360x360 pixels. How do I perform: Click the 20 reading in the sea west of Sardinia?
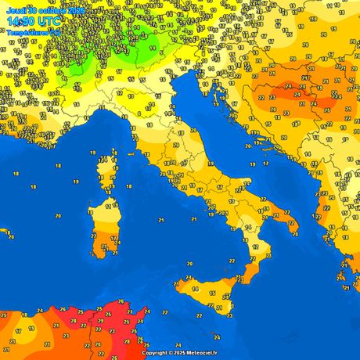point(58,215)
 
